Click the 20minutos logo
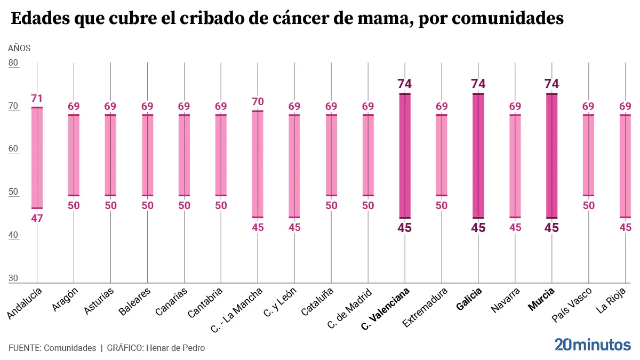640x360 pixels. click(x=592, y=345)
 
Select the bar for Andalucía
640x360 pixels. click(x=37, y=158)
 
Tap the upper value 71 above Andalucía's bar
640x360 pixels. click(x=37, y=98)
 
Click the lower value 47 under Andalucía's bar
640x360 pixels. click(x=37, y=218)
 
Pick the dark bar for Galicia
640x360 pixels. click(x=478, y=156)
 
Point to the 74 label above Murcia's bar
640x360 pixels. click(x=551, y=84)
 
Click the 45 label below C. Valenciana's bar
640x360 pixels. click(x=405, y=228)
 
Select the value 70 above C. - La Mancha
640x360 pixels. click(x=258, y=101)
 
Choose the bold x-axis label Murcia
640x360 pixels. click(x=541, y=299)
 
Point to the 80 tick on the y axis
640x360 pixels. click(x=14, y=63)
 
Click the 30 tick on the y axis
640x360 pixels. click(x=14, y=278)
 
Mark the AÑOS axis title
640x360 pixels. click(x=19, y=48)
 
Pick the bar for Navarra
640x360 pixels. click(x=515, y=166)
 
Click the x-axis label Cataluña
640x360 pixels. click(x=317, y=301)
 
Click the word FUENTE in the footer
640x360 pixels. click(x=24, y=348)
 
